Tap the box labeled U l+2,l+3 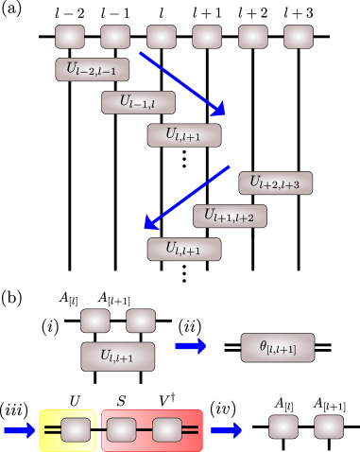click(x=275, y=183)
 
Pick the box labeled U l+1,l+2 click(x=230, y=217)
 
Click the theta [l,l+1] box click(x=277, y=348)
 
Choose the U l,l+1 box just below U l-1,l click(x=183, y=135)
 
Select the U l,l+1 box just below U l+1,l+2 click(x=183, y=250)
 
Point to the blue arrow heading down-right click(x=183, y=81)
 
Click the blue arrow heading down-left click(x=187, y=197)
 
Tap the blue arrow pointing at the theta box click(x=191, y=347)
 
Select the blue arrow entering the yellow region click(x=19, y=431)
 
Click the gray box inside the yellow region click(x=76, y=430)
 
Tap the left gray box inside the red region click(x=121, y=430)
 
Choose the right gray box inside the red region click(x=166, y=430)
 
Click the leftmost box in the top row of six click(x=69, y=37)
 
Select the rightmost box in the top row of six click(x=299, y=37)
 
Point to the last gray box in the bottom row click(x=329, y=426)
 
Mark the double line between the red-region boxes click(x=144, y=430)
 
